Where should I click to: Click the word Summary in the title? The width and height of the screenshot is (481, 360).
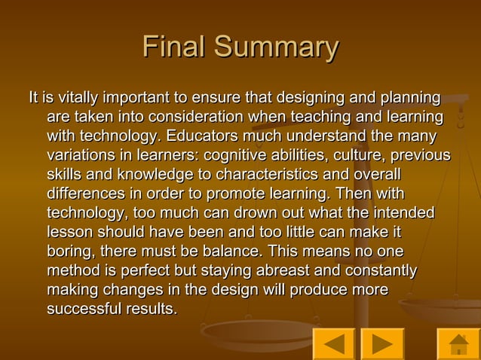276,47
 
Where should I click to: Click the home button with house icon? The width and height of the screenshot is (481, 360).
458,343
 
